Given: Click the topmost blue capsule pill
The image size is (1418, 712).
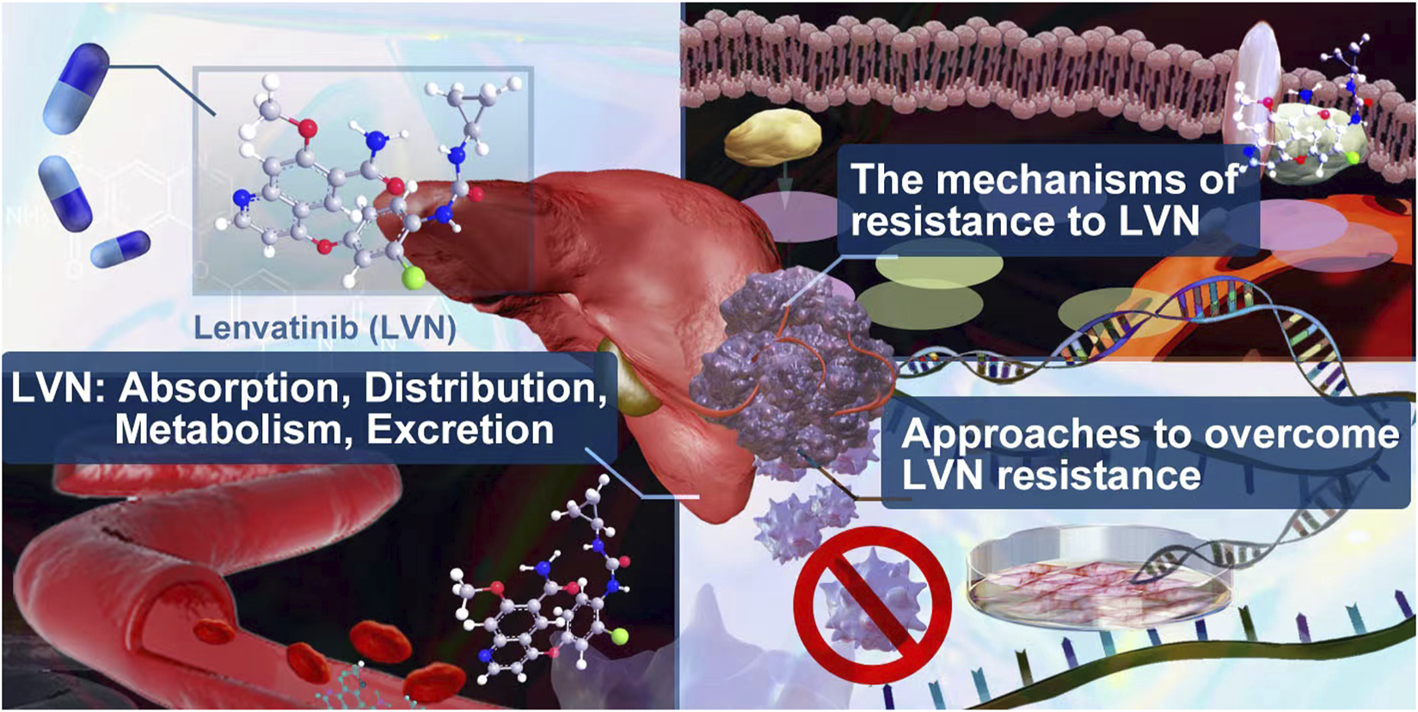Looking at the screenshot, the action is tap(77, 89).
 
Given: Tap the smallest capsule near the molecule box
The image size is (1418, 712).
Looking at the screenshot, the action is tap(120, 249).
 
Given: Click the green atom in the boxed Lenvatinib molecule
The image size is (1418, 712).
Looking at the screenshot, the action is tap(414, 277).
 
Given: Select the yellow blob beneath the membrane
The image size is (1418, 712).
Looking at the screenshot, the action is tap(773, 137).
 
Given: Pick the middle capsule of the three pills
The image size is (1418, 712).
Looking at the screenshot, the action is tap(65, 192).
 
